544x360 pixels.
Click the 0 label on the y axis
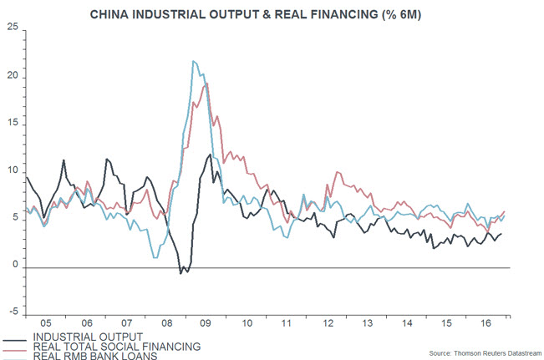pos(14,266)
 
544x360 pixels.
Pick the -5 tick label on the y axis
pos(13,313)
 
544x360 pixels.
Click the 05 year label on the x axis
pos(46,321)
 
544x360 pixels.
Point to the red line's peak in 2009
pos(206,83)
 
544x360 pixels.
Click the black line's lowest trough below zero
pos(180,273)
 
